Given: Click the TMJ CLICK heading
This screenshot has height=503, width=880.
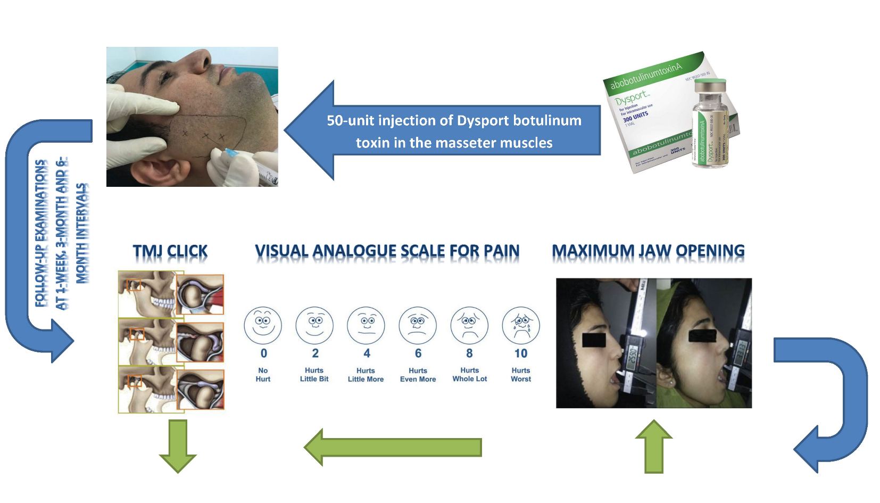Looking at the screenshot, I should [x=170, y=251].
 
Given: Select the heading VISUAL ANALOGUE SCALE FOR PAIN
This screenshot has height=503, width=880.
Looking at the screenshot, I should [x=387, y=251].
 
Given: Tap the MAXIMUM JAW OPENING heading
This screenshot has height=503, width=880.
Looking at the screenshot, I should [x=647, y=251].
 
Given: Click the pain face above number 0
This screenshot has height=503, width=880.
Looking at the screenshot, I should [x=263, y=325].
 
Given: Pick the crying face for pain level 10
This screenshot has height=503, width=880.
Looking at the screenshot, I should [x=521, y=325].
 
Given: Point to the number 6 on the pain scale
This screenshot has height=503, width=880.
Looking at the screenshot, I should [x=418, y=353].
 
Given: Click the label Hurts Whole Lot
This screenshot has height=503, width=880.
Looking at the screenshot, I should [x=469, y=375].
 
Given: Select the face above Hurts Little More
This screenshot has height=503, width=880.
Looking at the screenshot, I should [x=366, y=325].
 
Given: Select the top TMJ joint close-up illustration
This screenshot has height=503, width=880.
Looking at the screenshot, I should [x=200, y=294].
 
